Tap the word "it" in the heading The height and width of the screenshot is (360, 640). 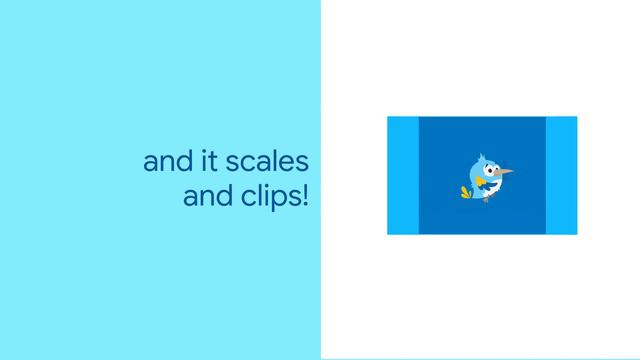click(x=202, y=162)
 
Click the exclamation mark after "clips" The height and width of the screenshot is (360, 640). click(x=304, y=195)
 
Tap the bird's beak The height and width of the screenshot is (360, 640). click(x=506, y=172)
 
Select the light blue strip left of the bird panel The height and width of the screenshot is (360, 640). click(x=403, y=175)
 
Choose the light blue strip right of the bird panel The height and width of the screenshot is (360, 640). click(x=561, y=175)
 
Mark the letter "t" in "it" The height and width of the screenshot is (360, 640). click(x=206, y=162)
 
